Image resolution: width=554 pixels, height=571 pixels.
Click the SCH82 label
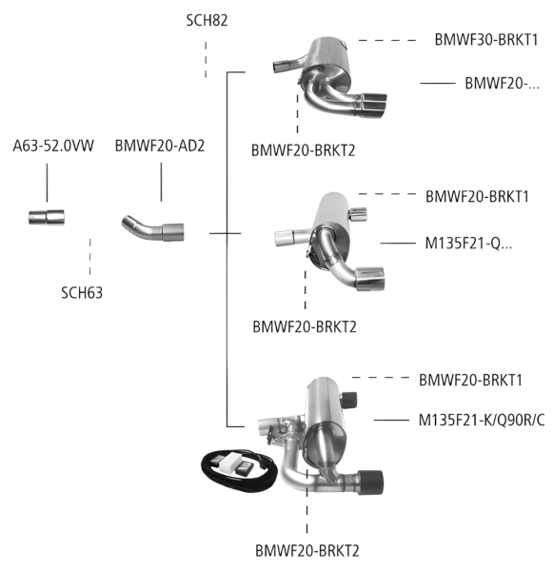coord(205,20)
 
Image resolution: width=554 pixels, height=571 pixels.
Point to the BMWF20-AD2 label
coord(161,148)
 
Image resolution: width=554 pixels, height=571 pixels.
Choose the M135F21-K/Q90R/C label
coord(483,420)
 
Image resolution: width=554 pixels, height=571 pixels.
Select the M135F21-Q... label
coord(468,244)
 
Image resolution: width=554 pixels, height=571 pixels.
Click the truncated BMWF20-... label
coord(502,84)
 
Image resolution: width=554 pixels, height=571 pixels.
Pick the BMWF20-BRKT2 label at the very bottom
coord(307,550)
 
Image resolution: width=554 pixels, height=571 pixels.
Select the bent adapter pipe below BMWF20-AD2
coord(152,229)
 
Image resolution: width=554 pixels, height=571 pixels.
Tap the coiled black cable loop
coord(228,470)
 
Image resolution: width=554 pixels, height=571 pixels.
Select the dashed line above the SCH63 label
coord(89,255)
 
